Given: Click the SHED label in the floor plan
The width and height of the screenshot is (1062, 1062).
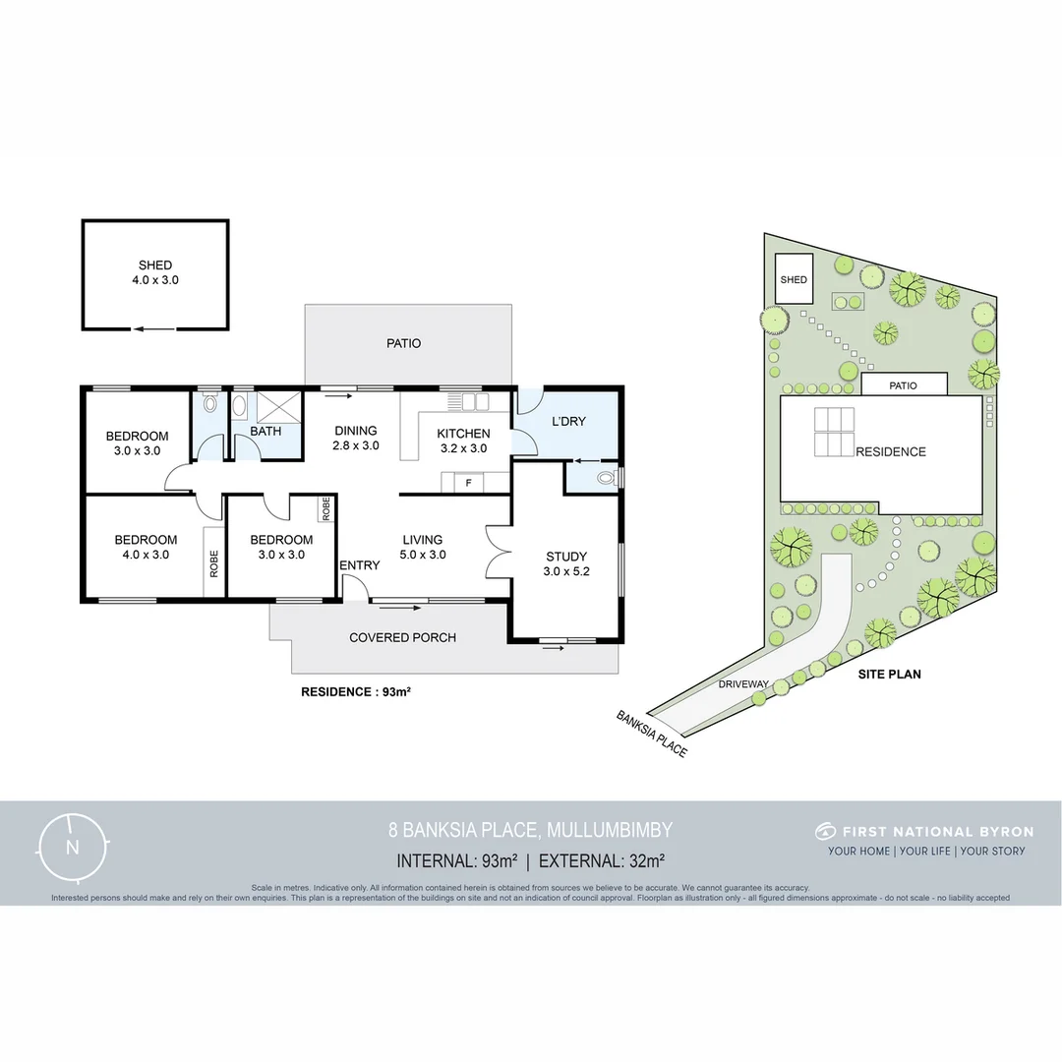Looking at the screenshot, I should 155,265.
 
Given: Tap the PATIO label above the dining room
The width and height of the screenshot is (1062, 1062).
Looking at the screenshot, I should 403,343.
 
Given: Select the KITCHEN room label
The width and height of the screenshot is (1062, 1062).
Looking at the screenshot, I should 463,434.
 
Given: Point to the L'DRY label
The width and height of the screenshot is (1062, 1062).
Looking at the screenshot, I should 568,421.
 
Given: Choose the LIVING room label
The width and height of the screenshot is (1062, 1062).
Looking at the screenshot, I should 423,540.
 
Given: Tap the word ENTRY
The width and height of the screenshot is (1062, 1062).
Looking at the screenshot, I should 359,565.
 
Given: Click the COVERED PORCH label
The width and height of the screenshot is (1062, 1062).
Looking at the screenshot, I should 403,637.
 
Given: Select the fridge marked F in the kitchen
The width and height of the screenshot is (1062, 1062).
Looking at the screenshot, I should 469,482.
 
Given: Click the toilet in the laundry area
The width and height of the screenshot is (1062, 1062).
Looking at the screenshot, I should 607,479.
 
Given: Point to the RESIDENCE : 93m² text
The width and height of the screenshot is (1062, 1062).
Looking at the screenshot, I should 355,691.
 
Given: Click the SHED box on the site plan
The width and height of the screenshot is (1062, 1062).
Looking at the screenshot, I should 794,279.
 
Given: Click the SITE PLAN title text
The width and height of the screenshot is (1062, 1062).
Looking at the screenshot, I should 889,675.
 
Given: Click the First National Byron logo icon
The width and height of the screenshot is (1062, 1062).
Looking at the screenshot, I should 825,831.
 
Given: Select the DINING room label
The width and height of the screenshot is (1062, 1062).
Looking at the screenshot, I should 356,431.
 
